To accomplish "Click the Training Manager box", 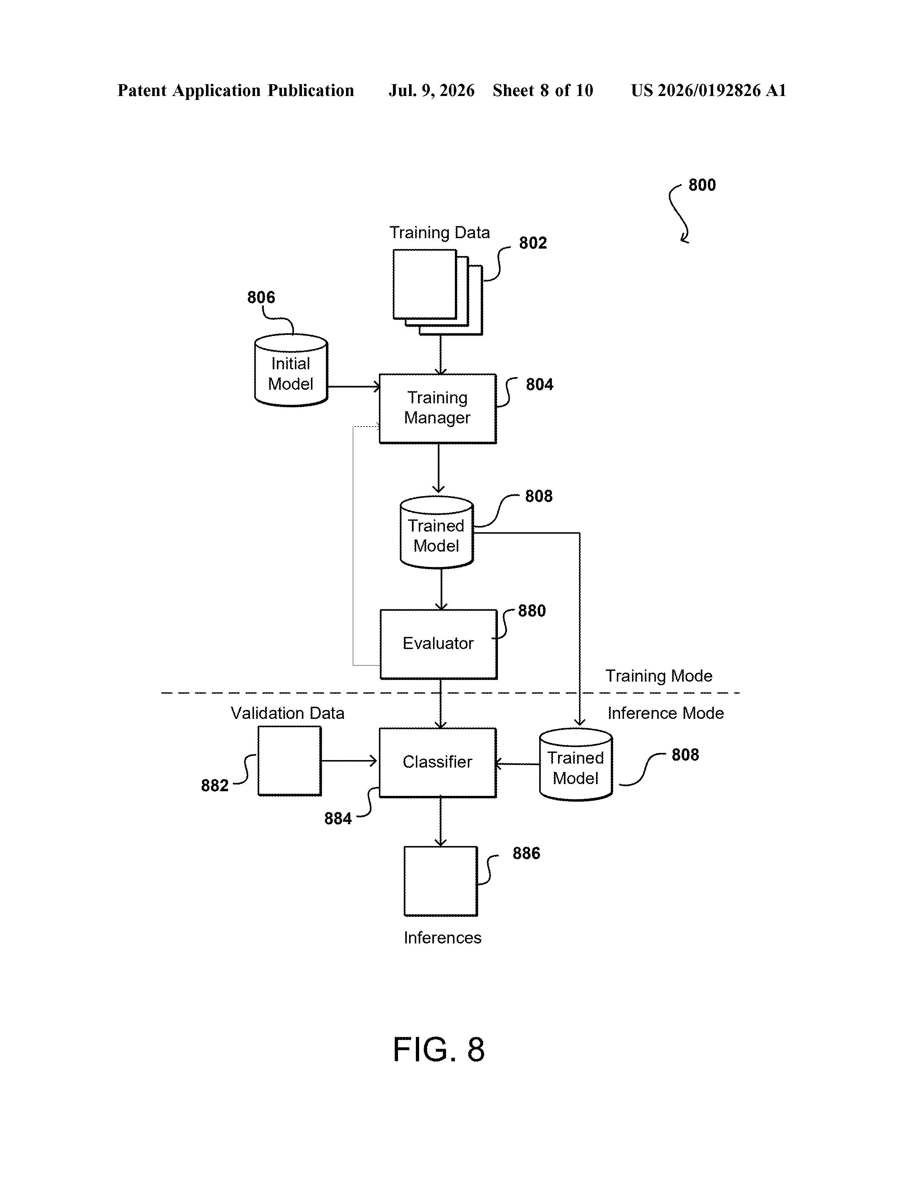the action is coord(437,409).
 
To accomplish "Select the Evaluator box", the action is coord(438,644).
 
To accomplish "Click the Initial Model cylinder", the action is coord(291,370).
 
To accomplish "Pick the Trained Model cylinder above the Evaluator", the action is coord(437,532).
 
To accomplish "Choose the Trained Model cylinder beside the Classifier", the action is coord(576,764).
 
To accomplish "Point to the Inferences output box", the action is coord(441,881).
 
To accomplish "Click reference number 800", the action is coord(702,185).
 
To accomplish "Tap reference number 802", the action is coord(533,243).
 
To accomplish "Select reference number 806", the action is coord(261,297).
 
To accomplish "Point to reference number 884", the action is coord(338,819).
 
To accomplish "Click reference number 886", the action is coord(526,854).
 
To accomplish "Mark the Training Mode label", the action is coord(659,676).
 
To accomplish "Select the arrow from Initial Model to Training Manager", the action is coord(354,386).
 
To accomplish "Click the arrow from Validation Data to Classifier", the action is coord(349,761).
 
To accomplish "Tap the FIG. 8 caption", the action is coord(438,1049).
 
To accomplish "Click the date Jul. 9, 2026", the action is coord(431,90).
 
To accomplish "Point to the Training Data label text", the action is coord(440,233).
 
